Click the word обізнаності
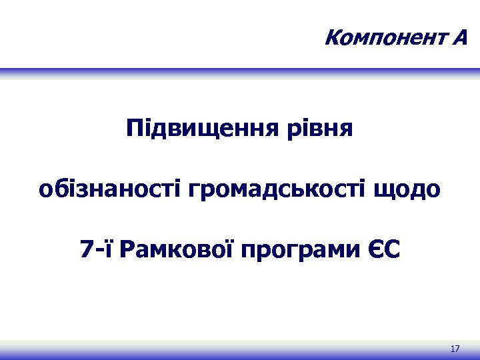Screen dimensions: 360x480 click(x=111, y=189)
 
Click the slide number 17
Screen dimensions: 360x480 click(x=455, y=349)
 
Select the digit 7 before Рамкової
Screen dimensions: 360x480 click(x=86, y=250)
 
